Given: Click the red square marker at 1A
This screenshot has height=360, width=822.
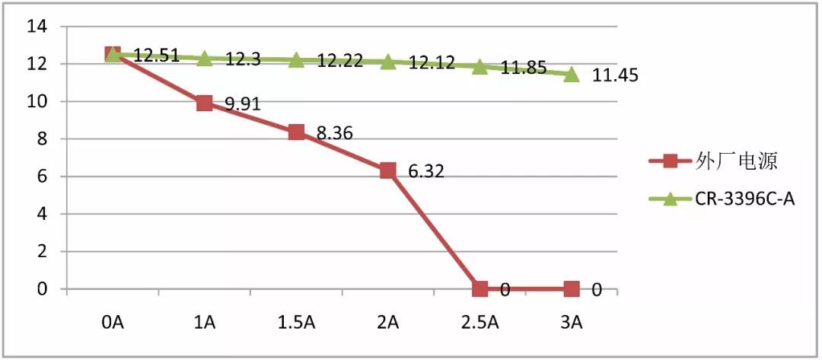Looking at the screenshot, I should pyautogui.click(x=204, y=103).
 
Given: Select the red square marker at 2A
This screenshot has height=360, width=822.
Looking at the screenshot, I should pyautogui.click(x=387, y=170).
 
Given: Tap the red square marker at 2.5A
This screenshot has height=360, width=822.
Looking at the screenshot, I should pyautogui.click(x=479, y=288).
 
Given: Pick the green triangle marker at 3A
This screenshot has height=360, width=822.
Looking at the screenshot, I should pyautogui.click(x=572, y=74).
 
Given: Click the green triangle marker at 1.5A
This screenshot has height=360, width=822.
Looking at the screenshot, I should pyautogui.click(x=296, y=59).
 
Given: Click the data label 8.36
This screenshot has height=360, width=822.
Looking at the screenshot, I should pyautogui.click(x=334, y=133).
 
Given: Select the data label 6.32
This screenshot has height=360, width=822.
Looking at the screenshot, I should pyautogui.click(x=425, y=171).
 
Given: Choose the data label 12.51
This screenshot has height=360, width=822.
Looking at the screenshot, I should pyautogui.click(x=156, y=55).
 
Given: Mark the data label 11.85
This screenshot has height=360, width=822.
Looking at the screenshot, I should pyautogui.click(x=524, y=68).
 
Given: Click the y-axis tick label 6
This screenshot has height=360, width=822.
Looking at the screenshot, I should pyautogui.click(x=42, y=177).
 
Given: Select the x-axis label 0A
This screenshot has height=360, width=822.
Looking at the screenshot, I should pyautogui.click(x=112, y=323).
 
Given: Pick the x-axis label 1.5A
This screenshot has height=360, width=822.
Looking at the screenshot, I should pyautogui.click(x=296, y=323).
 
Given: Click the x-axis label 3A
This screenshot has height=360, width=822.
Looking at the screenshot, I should pyautogui.click(x=572, y=323).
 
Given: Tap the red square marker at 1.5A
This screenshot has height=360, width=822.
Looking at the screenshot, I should pyautogui.click(x=296, y=132).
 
